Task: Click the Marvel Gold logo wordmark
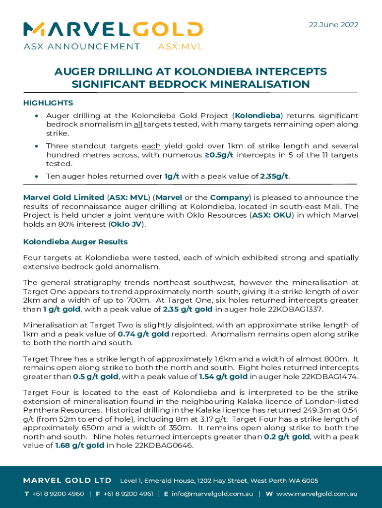pos(113,30)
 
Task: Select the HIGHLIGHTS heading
pos(48,103)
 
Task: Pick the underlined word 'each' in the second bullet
pos(152,146)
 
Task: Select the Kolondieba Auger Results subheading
pos(75,242)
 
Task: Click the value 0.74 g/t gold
pos(144,334)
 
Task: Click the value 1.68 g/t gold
pos(79,445)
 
